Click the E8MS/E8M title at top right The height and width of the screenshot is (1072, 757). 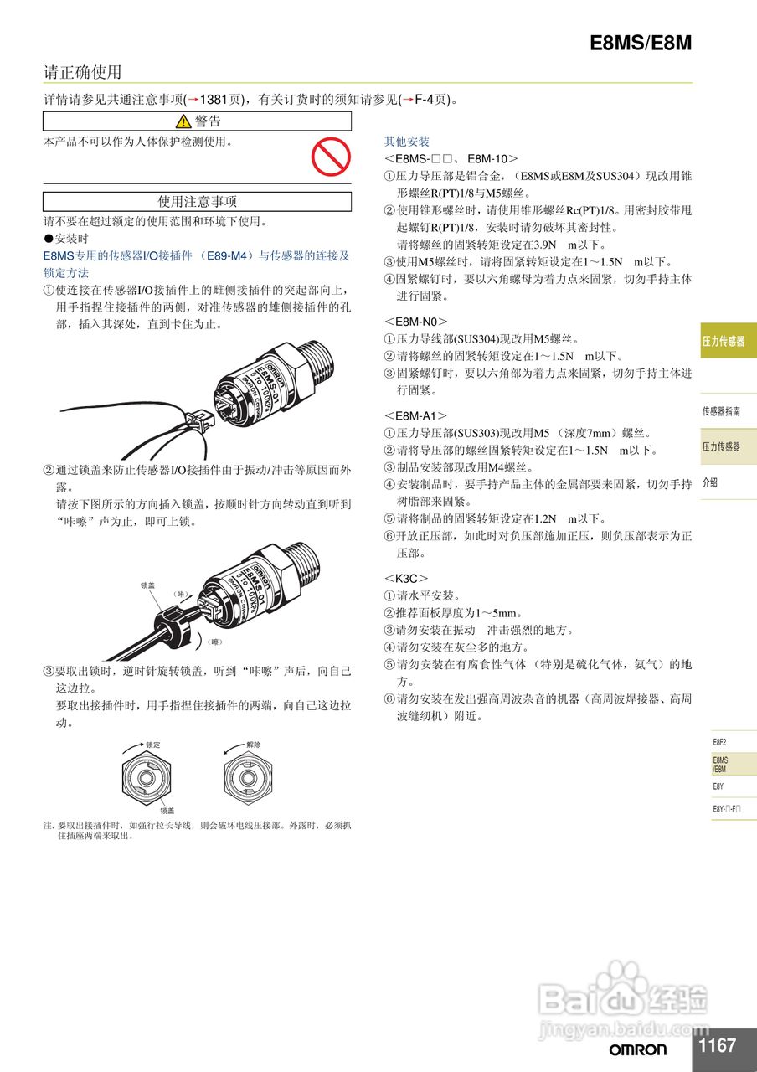click(x=641, y=44)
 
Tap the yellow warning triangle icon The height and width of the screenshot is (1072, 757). click(x=183, y=122)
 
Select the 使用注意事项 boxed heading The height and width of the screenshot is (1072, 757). click(x=198, y=202)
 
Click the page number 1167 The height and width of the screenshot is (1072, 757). click(x=717, y=1045)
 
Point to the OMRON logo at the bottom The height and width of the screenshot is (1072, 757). click(x=638, y=1049)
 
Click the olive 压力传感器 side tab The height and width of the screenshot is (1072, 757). click(x=724, y=341)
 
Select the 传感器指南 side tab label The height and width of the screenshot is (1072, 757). click(x=721, y=411)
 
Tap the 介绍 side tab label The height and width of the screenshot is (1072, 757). click(x=710, y=482)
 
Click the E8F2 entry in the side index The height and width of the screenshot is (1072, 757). click(x=719, y=742)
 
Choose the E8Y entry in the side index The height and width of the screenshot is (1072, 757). click(x=718, y=786)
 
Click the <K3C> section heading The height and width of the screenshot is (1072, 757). click(x=406, y=578)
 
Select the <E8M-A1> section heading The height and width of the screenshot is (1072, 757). click(x=415, y=415)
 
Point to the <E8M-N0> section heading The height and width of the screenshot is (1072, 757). click(x=416, y=321)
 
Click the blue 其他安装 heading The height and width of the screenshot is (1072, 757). click(x=407, y=142)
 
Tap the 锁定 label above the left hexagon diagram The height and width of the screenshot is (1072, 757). click(x=153, y=744)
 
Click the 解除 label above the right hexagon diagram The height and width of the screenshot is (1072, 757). click(x=254, y=744)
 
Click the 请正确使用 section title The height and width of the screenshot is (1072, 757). click(x=83, y=72)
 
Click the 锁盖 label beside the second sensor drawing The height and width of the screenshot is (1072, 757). click(x=148, y=585)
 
